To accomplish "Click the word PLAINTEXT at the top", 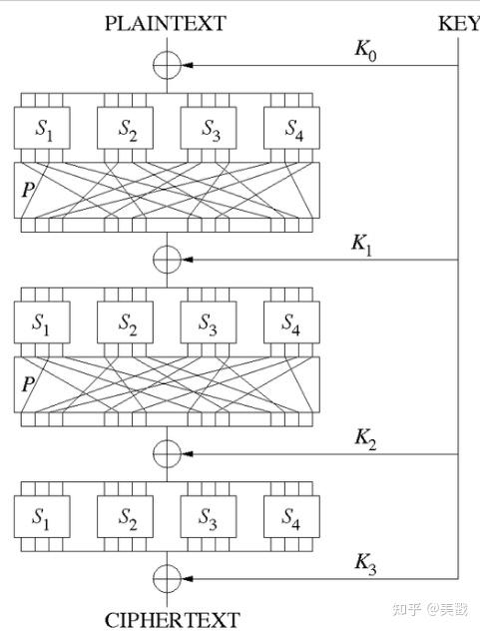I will point(165,22).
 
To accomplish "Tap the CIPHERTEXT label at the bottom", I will point(166,619).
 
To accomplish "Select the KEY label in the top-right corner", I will point(458,22).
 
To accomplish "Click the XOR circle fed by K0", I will point(167,66).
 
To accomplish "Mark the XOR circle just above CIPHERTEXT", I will point(167,578).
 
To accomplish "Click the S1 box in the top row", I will point(43,129).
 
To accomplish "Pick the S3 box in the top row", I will point(209,129).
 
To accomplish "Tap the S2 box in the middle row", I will point(126,322).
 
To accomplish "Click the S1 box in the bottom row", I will point(43,517).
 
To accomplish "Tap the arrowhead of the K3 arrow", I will point(185,578).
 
